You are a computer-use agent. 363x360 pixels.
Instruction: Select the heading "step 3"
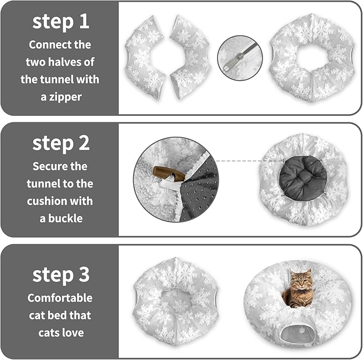point(60,275)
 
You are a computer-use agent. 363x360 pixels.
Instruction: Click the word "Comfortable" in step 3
point(60,298)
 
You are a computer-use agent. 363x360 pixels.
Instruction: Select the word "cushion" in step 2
point(74,201)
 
